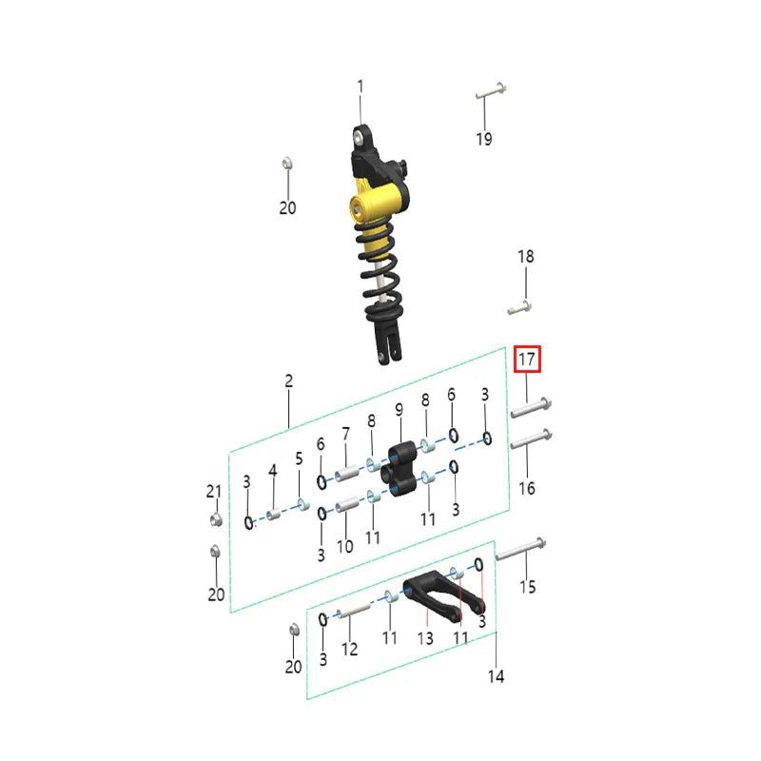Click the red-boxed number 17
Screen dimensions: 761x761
point(527,360)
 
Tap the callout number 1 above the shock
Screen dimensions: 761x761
point(361,87)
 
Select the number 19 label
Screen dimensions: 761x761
point(484,139)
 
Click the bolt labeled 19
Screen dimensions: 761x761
point(491,91)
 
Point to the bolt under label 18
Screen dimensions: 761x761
point(519,307)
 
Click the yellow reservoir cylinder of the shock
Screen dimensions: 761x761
point(378,200)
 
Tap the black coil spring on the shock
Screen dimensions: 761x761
point(380,272)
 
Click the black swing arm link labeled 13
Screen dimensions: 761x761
point(443,595)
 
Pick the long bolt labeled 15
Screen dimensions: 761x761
point(520,550)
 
